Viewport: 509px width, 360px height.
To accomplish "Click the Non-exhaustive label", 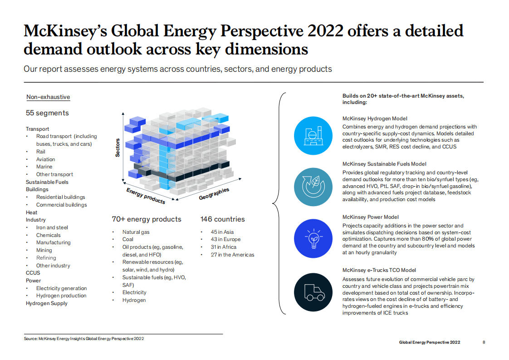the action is (x=48, y=97).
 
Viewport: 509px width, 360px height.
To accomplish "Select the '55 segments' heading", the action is (x=47, y=113).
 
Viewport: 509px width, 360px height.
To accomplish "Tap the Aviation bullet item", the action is (x=45, y=159).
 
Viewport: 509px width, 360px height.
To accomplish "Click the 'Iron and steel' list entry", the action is (x=52, y=227).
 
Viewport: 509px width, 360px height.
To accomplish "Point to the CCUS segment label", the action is (x=33, y=273).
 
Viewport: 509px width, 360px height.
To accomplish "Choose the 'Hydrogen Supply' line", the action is (x=47, y=303).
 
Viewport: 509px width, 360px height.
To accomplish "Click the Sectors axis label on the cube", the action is (x=117, y=148).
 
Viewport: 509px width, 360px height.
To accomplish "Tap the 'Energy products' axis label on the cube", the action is (x=146, y=196).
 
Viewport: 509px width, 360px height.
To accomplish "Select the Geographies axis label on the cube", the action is (x=214, y=194).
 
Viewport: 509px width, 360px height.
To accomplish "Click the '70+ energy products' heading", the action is (x=147, y=219).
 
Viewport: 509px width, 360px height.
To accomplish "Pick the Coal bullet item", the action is (x=127, y=239).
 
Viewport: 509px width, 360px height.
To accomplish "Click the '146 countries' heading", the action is (x=222, y=219).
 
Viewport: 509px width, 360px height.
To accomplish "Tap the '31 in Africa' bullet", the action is (x=223, y=247).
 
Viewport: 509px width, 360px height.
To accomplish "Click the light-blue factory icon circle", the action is (x=313, y=136).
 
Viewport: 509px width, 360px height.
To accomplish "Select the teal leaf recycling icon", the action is (x=313, y=187).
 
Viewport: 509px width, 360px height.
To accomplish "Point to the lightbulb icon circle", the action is (x=313, y=238).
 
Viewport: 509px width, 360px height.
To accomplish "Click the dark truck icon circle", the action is (x=313, y=292).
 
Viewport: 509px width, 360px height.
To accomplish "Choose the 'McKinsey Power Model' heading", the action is (x=370, y=217).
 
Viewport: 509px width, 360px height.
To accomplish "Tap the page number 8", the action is (x=484, y=342).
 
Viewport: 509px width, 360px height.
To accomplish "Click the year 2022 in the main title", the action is (x=326, y=31).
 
